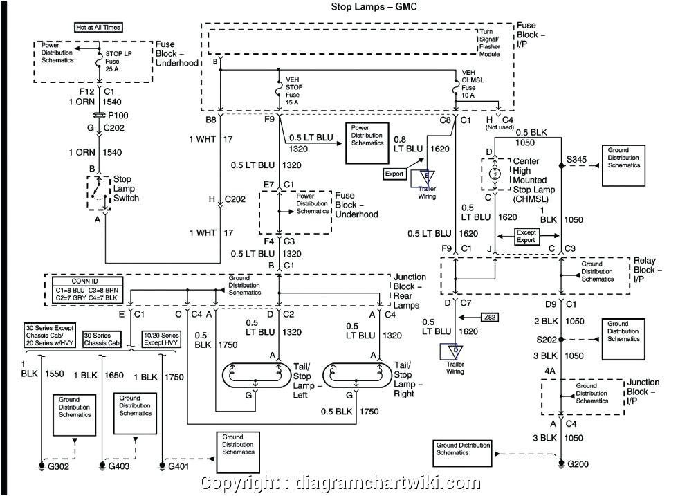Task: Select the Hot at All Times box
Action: (98, 28)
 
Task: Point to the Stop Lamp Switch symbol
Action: (98, 193)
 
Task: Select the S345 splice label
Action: (577, 160)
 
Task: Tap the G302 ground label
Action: (57, 466)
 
